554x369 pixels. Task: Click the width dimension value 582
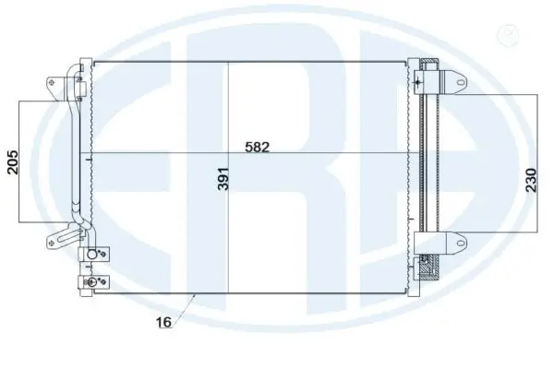[x=258, y=146]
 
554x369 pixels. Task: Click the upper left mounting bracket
[x=51, y=86]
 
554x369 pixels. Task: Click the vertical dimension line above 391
[x=227, y=111]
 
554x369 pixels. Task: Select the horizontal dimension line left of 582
[x=166, y=151]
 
